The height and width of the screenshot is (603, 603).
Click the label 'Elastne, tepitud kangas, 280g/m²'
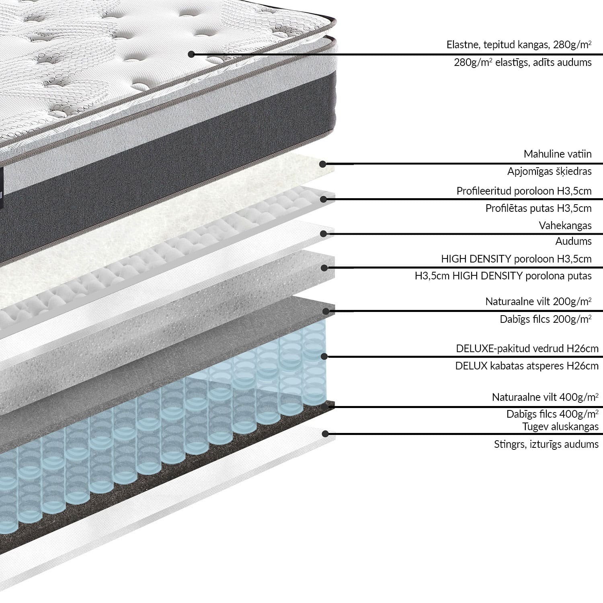pos(519,45)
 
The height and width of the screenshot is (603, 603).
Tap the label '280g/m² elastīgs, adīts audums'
pos(523,62)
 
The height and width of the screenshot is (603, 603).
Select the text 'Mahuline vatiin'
pos(557,154)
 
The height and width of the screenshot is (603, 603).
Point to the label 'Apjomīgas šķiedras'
pos(549,172)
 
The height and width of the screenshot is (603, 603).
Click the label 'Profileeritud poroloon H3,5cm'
pos(524,191)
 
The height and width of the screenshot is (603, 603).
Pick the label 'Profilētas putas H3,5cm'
pos(538,208)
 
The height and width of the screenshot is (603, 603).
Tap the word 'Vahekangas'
pos(565,226)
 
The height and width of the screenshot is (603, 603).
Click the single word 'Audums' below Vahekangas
pos(573,241)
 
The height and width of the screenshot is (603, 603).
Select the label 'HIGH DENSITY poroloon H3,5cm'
pos(516,259)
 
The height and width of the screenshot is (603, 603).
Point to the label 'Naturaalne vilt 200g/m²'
pos(538,301)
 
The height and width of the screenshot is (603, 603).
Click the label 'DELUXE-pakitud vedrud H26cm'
pos(527,349)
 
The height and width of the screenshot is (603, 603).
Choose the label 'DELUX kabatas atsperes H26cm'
pos(527,366)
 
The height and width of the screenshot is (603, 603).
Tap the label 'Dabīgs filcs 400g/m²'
pos(552,414)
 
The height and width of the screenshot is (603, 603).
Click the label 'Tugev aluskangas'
pos(560,427)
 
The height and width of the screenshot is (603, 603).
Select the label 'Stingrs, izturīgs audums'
pos(546,444)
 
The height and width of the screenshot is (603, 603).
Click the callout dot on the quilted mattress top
pos(191,54)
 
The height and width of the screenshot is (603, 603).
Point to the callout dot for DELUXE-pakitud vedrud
pos(324,356)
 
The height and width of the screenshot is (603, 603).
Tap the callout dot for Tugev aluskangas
pos(325,433)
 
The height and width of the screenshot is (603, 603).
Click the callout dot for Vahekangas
pos(324,233)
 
